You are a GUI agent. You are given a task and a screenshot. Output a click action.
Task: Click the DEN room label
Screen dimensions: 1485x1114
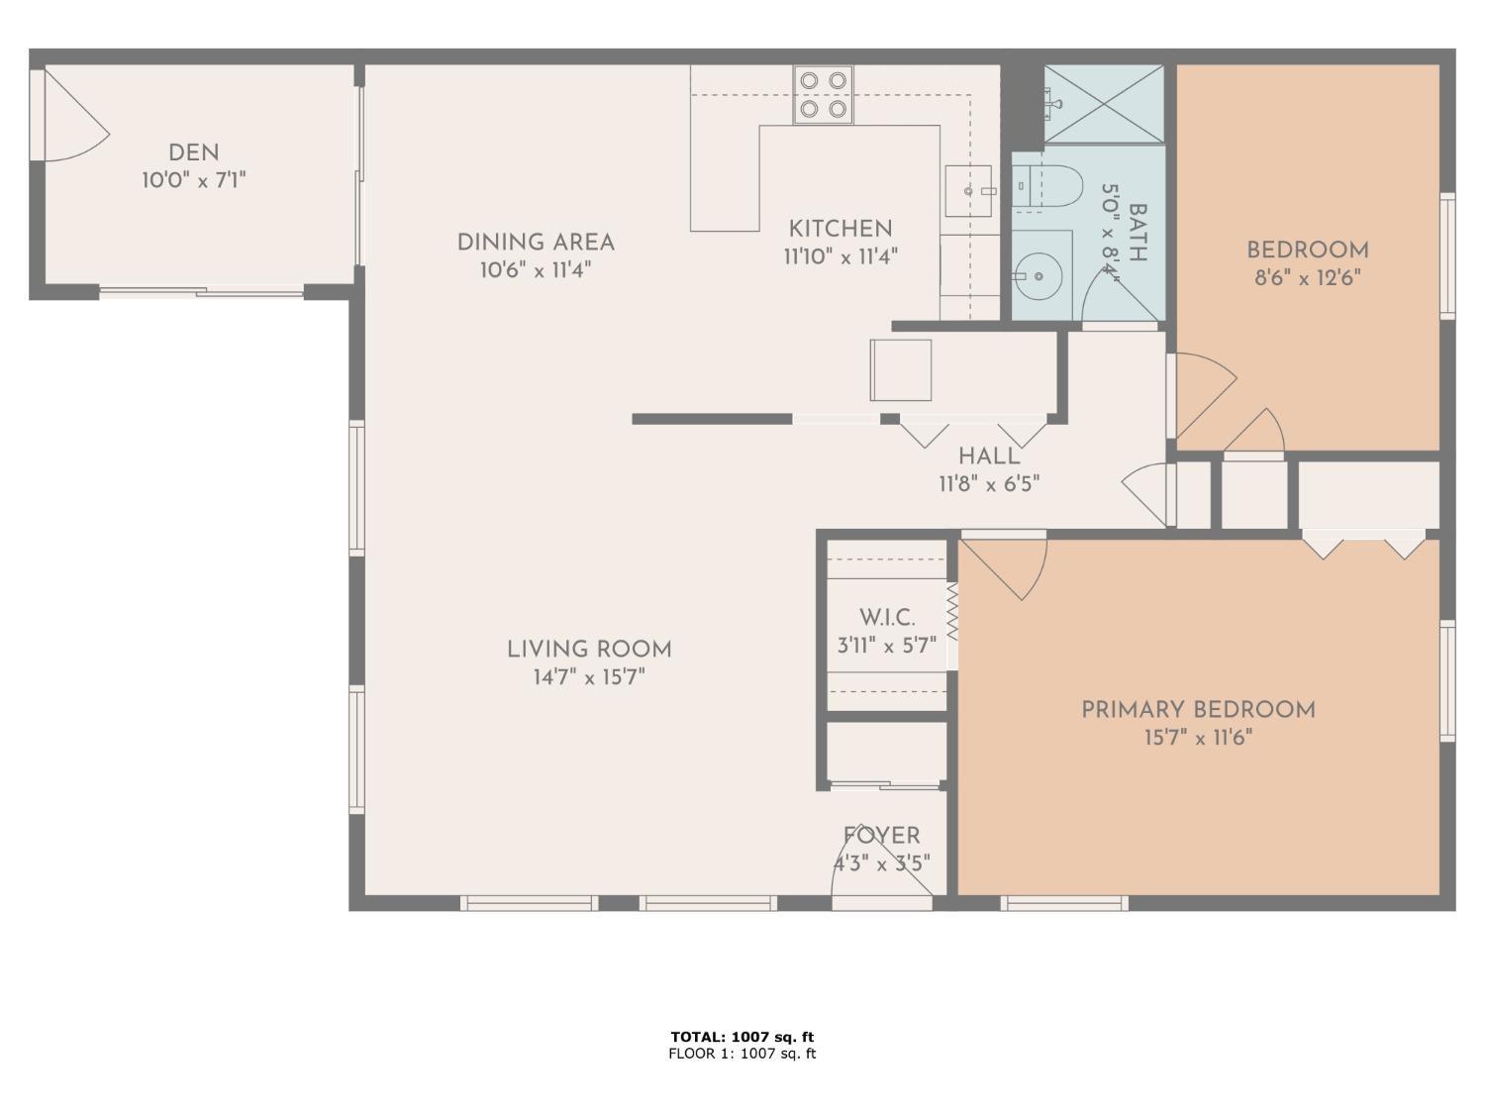point(193,152)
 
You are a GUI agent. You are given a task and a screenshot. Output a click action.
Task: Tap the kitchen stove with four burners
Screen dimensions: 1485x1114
point(823,95)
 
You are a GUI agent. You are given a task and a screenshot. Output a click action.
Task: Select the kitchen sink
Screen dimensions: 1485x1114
point(968,191)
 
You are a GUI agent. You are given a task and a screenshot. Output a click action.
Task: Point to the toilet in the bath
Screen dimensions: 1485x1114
point(1047,185)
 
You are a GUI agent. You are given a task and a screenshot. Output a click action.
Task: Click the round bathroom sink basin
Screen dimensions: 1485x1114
point(1038,276)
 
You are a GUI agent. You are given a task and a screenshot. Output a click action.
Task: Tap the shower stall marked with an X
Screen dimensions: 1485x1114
point(1104,104)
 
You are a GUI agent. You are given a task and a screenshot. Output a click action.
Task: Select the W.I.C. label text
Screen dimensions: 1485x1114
point(887,618)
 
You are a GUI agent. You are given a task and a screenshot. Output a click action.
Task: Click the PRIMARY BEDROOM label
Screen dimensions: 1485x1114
point(1198,710)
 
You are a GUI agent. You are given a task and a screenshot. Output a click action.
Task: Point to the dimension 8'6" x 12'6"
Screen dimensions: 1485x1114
point(1308,278)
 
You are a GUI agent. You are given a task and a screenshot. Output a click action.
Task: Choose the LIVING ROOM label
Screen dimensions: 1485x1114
point(589,650)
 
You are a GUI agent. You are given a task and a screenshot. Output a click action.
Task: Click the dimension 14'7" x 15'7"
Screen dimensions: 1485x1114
point(589,677)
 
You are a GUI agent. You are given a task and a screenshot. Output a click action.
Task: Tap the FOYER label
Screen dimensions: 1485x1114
point(881,836)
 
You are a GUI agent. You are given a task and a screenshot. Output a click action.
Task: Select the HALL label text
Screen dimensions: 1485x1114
point(989,456)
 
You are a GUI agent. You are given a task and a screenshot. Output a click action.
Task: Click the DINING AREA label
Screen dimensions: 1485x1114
point(536,243)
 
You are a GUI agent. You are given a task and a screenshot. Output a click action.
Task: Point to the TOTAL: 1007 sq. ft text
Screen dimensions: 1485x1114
point(742,1036)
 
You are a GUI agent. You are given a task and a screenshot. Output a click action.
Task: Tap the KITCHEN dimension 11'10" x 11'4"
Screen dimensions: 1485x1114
point(841,257)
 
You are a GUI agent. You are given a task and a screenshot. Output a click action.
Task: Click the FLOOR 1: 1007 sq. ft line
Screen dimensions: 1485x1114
point(742,1054)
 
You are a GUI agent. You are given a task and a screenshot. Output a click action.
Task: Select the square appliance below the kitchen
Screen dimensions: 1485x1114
point(901,370)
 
